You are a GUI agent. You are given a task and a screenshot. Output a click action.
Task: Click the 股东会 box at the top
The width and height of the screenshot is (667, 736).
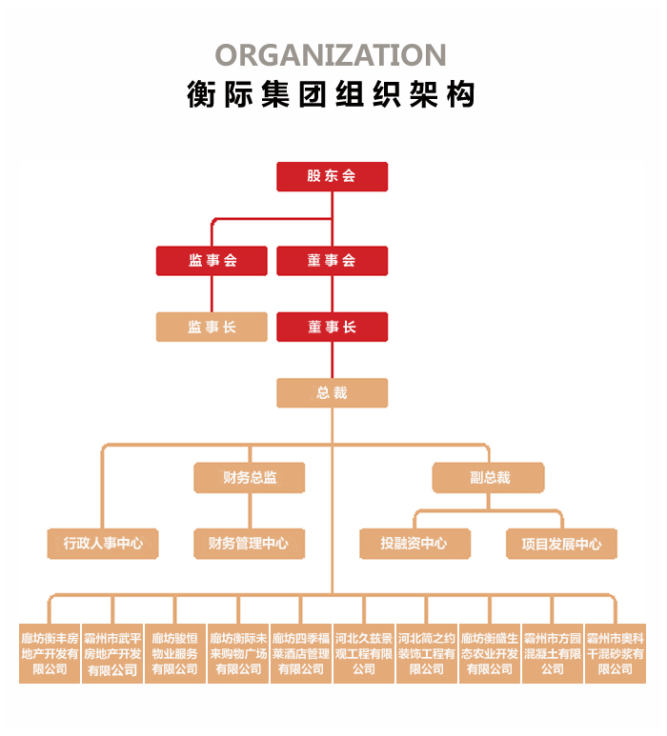pos(332,176)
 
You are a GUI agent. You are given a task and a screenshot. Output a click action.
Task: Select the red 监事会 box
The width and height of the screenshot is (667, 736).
pos(212,261)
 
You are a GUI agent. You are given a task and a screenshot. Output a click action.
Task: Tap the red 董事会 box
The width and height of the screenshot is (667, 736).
pos(332,261)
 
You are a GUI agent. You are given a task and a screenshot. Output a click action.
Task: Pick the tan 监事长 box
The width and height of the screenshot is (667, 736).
pos(212,327)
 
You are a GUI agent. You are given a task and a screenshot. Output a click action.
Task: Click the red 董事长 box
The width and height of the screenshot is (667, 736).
pos(332,327)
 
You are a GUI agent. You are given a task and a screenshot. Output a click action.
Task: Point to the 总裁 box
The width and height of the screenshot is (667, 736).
pos(332,392)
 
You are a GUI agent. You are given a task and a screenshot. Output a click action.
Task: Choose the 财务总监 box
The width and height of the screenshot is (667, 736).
pos(250,477)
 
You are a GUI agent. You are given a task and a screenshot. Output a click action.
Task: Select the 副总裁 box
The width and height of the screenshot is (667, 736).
pos(489,477)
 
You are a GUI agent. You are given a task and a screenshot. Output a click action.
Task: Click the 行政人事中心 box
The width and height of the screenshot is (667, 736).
pos(103,543)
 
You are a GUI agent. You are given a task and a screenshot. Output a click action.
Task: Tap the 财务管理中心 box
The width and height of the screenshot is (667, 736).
pos(250,543)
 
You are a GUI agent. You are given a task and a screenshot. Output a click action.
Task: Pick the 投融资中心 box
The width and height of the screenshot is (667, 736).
pos(414,543)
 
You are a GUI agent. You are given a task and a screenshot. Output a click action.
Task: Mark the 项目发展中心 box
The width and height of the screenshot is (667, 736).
pos(561,543)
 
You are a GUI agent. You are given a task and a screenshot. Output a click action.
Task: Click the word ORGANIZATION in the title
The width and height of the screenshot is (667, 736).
pos(331,54)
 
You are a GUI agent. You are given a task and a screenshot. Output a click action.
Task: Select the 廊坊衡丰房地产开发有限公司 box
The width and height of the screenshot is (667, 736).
pos(50,653)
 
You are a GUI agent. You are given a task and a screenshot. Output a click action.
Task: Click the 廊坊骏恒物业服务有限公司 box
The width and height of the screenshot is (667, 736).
pos(175,653)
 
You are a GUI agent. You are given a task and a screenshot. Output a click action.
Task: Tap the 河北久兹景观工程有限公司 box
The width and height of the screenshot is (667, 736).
pos(364,653)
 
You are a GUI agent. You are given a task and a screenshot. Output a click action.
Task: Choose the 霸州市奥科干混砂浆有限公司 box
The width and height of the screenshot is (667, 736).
pos(616,653)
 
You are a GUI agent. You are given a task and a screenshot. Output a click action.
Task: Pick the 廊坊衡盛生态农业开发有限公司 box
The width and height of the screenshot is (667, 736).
pos(490,653)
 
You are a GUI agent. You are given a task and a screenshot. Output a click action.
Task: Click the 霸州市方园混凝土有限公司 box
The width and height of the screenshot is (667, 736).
pos(553,653)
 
